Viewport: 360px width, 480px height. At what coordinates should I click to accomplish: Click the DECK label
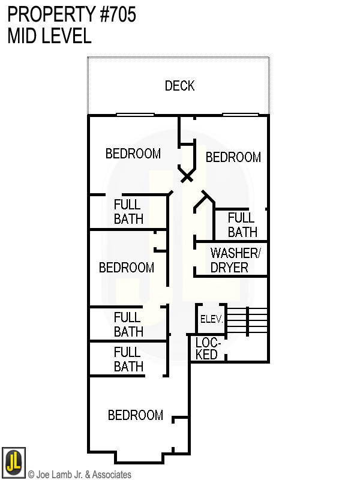(179, 86)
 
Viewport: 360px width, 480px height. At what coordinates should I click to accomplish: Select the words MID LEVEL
(49, 36)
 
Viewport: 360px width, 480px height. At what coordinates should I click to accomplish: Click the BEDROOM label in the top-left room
(133, 154)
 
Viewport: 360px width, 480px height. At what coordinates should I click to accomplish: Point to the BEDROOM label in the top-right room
(233, 157)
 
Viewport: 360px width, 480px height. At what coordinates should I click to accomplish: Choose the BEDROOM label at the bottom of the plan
(135, 415)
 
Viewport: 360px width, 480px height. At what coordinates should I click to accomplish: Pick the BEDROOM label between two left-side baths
(126, 268)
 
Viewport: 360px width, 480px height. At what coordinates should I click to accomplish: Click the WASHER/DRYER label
(235, 260)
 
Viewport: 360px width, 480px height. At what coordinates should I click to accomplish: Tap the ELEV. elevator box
(211, 319)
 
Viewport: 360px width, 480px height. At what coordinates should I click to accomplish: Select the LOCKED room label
(208, 349)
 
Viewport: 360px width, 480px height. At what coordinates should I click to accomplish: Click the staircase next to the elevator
(247, 320)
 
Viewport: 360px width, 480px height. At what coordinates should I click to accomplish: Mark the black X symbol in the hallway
(187, 176)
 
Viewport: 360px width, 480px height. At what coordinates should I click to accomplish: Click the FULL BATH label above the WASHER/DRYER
(242, 225)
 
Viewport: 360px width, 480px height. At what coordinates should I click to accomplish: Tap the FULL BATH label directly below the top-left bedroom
(128, 212)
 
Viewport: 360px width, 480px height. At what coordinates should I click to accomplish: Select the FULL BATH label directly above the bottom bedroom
(128, 359)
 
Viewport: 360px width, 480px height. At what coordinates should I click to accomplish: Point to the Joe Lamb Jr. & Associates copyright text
(79, 475)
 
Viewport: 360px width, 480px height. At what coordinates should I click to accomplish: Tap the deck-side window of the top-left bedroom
(135, 115)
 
